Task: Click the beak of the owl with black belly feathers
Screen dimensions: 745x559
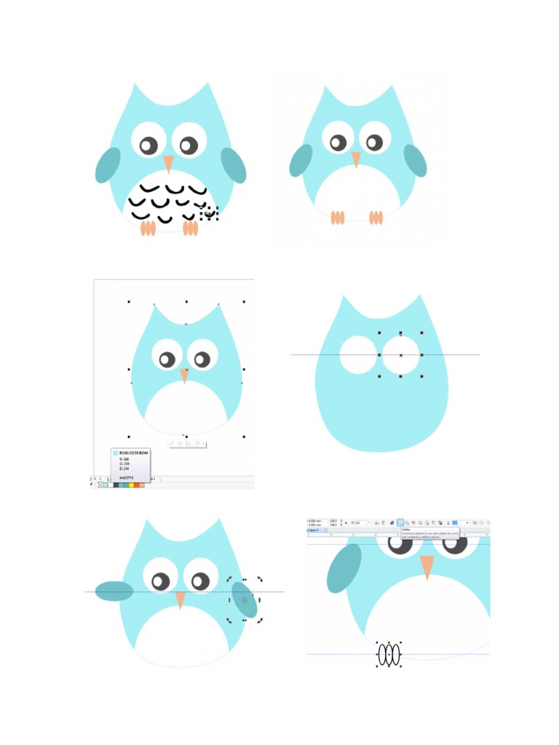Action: coord(168,164)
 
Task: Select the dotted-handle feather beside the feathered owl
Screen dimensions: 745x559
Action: coord(209,212)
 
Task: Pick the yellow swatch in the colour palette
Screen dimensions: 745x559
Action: coord(131,485)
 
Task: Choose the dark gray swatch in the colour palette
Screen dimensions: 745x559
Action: coord(116,485)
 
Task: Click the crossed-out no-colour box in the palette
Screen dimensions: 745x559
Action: coord(100,485)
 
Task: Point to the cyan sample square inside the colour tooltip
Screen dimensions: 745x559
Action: coord(115,453)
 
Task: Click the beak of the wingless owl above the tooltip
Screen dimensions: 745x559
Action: coord(184,375)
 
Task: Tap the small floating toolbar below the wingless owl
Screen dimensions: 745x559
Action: coord(188,443)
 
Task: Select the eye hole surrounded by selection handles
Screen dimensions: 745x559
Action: coord(400,354)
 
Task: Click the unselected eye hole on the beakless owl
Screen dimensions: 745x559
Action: coord(357,354)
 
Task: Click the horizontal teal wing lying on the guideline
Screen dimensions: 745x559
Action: coord(114,591)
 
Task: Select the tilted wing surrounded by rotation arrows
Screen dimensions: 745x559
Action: coord(244,599)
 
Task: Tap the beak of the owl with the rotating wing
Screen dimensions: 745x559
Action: coord(180,599)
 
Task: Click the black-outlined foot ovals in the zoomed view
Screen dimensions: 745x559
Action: coord(389,654)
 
